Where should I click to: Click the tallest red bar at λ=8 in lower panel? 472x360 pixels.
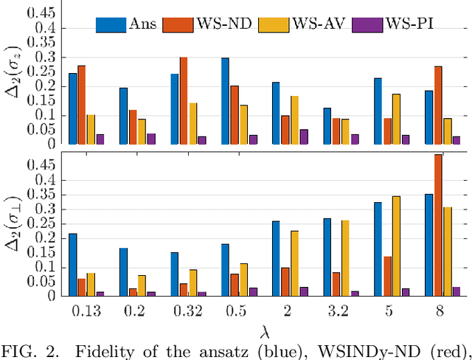tap(437, 225)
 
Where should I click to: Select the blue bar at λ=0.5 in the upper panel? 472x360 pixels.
tap(225, 101)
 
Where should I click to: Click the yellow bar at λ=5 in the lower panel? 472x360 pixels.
tap(397, 246)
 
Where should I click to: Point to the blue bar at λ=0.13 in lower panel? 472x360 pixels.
tap(72, 265)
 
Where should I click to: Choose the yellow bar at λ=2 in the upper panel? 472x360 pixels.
tap(295, 120)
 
